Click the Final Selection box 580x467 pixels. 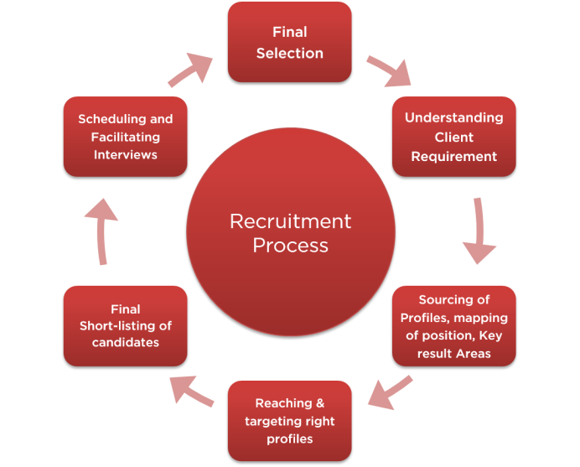coord(290,42)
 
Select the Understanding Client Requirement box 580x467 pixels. coord(454,137)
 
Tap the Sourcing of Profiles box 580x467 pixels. coord(454,326)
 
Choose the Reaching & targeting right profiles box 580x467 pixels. coord(290,421)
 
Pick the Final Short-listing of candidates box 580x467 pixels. coord(126,326)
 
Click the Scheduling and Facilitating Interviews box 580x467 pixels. coord(126,137)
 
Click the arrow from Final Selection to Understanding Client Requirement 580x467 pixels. coord(388,70)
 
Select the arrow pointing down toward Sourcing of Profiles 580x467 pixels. coord(479,231)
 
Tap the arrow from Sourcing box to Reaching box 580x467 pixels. coord(391,393)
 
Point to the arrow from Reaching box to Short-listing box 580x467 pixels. coord(191,391)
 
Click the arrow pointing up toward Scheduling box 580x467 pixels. coord(101,231)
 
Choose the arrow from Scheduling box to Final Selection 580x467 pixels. coord(190,70)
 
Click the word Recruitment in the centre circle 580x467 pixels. coord(290,221)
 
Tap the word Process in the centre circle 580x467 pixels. coord(290,246)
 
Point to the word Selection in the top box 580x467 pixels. coord(290,54)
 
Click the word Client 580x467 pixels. coord(454,138)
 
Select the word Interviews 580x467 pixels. coord(126,154)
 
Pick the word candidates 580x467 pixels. coord(126,342)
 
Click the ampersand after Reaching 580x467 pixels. coord(320,403)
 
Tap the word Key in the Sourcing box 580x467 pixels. coord(490,335)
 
